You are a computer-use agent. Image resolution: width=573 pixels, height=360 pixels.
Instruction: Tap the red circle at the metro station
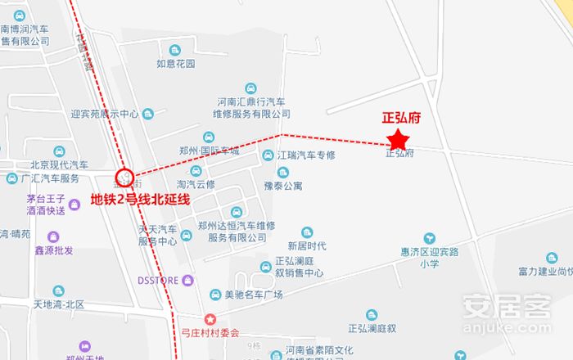point(125,176)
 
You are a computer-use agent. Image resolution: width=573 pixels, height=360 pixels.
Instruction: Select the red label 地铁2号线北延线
point(140,199)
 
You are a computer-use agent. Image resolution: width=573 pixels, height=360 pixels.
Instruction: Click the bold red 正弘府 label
point(401,118)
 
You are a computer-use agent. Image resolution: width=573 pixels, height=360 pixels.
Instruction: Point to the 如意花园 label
point(176,63)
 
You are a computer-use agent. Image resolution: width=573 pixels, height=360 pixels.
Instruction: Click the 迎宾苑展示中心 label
point(105,115)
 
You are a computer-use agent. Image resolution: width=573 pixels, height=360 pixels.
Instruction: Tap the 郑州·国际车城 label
point(209,151)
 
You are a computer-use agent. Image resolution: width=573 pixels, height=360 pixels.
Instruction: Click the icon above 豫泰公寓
point(283,172)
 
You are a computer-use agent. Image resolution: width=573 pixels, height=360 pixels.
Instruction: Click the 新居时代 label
point(307,245)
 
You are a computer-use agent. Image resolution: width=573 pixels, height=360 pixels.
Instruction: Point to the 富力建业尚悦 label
point(545,272)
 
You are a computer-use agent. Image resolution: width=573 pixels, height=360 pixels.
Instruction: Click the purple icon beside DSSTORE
point(189,280)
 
